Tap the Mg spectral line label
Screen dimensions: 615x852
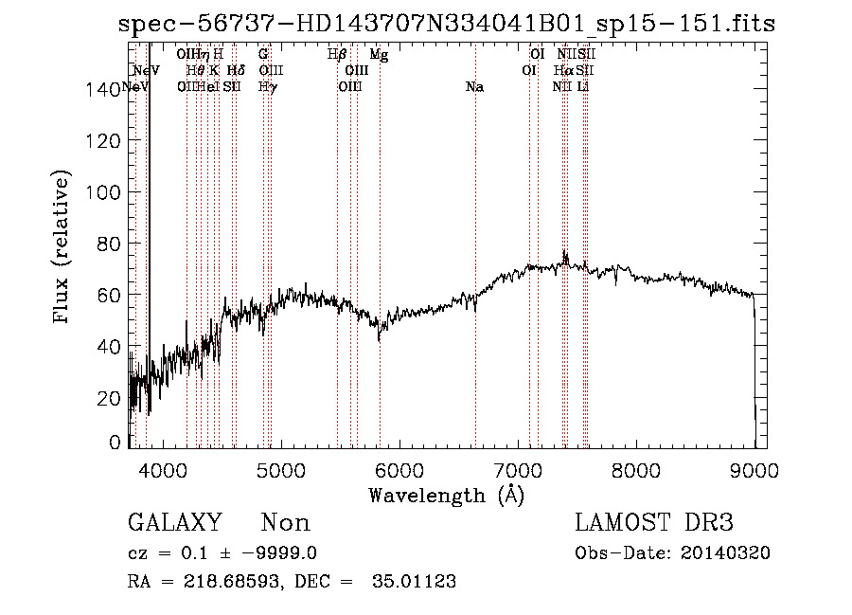379,55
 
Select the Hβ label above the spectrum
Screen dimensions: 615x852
337,55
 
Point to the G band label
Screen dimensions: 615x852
263,55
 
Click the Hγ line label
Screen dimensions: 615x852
268,87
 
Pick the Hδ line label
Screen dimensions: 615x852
236,71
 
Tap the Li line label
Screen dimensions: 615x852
583,87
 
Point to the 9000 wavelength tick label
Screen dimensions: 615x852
754,469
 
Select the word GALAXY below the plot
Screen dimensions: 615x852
174,524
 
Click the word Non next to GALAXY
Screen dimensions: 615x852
285,524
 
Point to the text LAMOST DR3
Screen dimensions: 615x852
654,524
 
